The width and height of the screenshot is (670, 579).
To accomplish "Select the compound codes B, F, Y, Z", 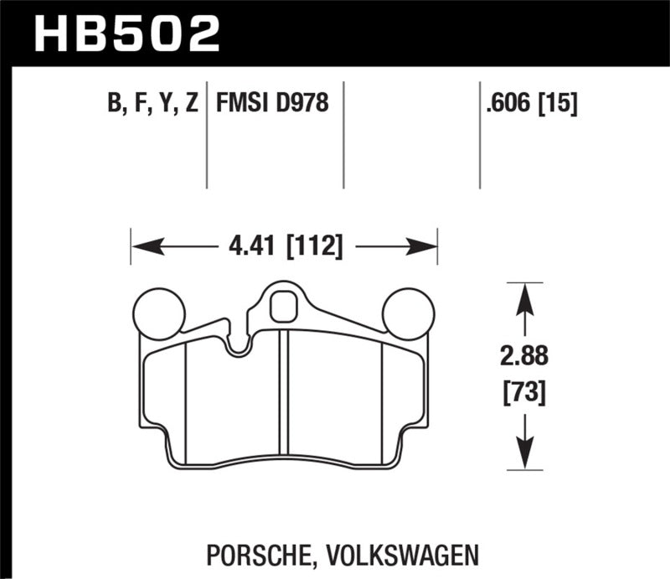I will coord(152,104).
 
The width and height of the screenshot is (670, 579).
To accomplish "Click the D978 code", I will coord(300,104).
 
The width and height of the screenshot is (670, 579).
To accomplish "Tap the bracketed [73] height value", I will coord(523,390).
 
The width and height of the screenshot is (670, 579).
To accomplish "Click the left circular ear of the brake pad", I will coord(158,313).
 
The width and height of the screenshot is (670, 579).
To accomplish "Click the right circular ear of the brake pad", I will coord(408,313).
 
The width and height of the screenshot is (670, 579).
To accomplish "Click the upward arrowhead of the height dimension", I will coord(523,295).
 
